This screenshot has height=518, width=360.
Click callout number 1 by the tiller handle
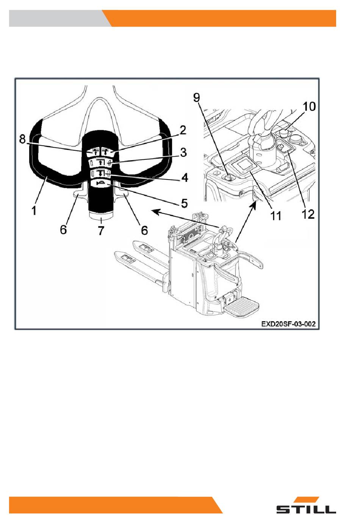click(34, 211)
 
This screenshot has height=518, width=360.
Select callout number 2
click(183, 130)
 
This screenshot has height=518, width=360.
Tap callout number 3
click(183, 153)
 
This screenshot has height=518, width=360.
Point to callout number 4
click(185, 178)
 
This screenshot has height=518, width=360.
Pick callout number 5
click(184, 203)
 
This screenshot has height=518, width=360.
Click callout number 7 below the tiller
click(101, 230)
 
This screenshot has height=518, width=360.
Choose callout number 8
click(22, 139)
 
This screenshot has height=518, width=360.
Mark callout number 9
click(196, 98)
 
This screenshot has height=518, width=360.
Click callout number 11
click(276, 215)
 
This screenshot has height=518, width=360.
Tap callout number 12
click(308, 214)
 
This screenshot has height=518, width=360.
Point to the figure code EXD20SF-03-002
click(288, 324)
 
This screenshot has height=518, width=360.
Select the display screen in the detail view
click(243, 164)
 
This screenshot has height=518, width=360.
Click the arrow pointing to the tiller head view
click(185, 218)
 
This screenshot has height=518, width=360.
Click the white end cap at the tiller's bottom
click(101, 215)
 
